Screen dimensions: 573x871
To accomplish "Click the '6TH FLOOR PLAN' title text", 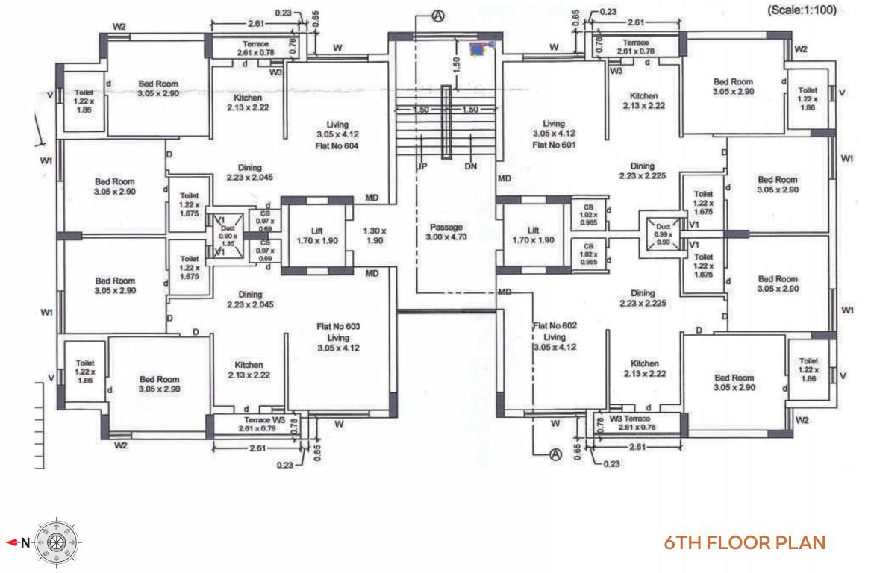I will coord(745,542).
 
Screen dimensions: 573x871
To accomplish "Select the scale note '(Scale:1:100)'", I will coord(802,10).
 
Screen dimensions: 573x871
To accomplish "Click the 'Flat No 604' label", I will coord(337,146).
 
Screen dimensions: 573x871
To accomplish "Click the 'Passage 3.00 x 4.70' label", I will coord(446,232).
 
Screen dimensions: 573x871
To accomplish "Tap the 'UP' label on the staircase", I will coord(422,166).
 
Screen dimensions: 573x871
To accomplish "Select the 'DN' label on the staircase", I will coord(470,166).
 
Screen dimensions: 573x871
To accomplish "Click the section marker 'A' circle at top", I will coord(439,17).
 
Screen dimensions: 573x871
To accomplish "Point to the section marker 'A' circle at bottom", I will coord(555,454).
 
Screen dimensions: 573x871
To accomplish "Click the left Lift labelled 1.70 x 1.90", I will coord(316,236).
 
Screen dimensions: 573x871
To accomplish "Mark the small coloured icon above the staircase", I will coord(478,49).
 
